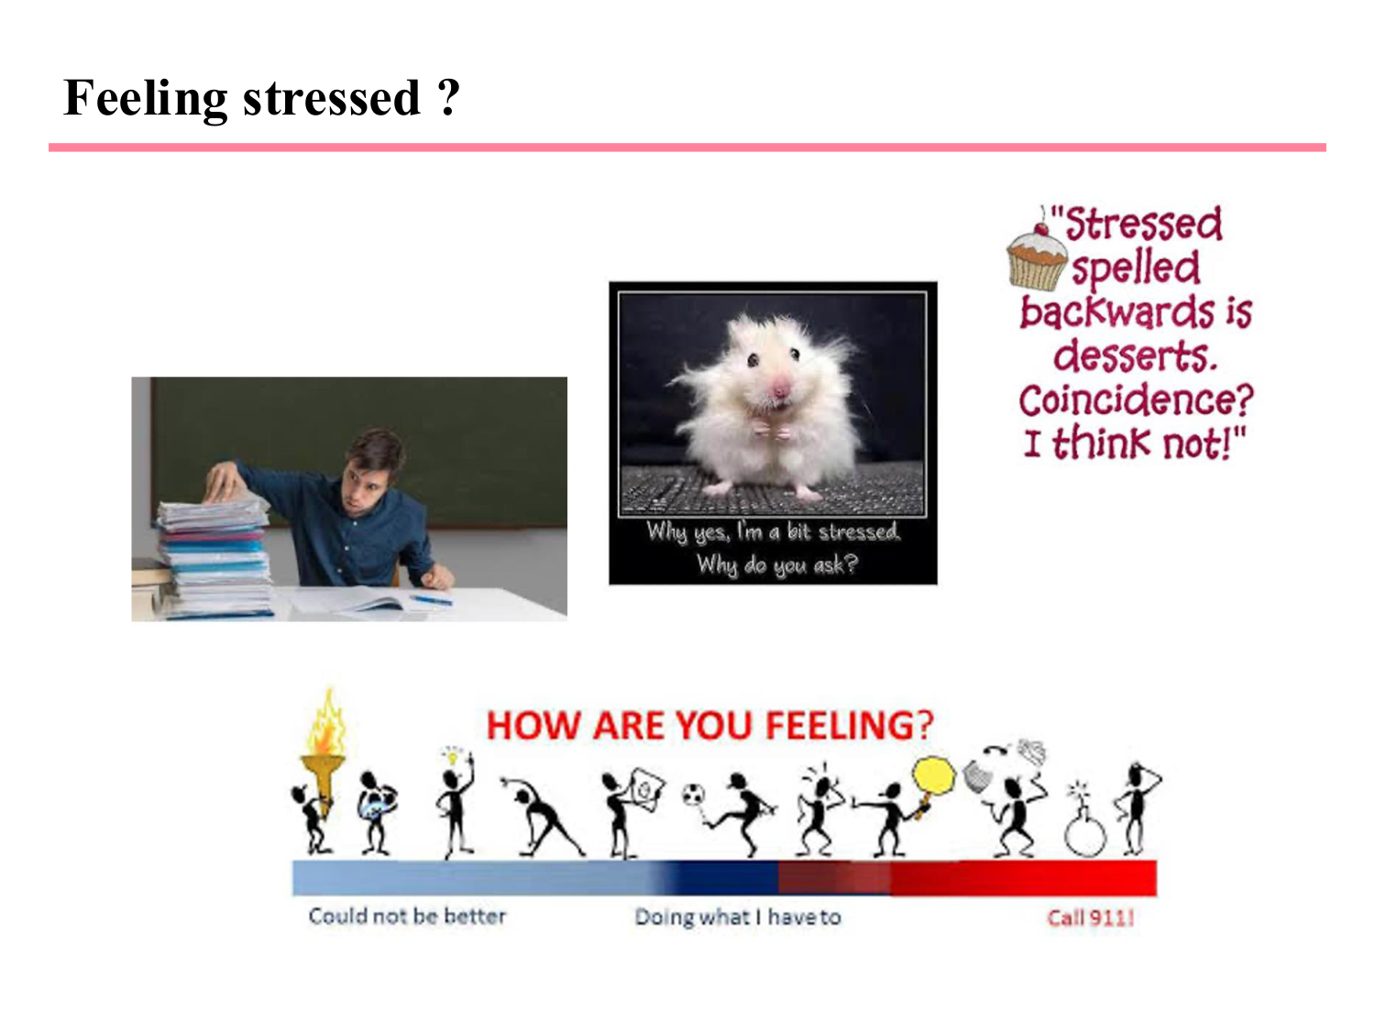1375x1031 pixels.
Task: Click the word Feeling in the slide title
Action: (146, 98)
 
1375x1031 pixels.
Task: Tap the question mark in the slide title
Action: (449, 98)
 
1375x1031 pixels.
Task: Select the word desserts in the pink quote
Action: (1135, 356)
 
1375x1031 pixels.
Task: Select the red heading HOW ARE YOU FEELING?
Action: (709, 726)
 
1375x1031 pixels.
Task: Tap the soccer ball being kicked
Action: (693, 795)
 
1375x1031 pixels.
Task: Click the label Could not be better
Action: (407, 916)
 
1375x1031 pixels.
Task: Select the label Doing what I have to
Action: (737, 917)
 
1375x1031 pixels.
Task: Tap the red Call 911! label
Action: (1091, 917)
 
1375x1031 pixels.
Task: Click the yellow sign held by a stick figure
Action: (933, 775)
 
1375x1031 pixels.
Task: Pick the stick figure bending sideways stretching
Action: (541, 815)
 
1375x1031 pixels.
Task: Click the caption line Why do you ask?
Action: (776, 565)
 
